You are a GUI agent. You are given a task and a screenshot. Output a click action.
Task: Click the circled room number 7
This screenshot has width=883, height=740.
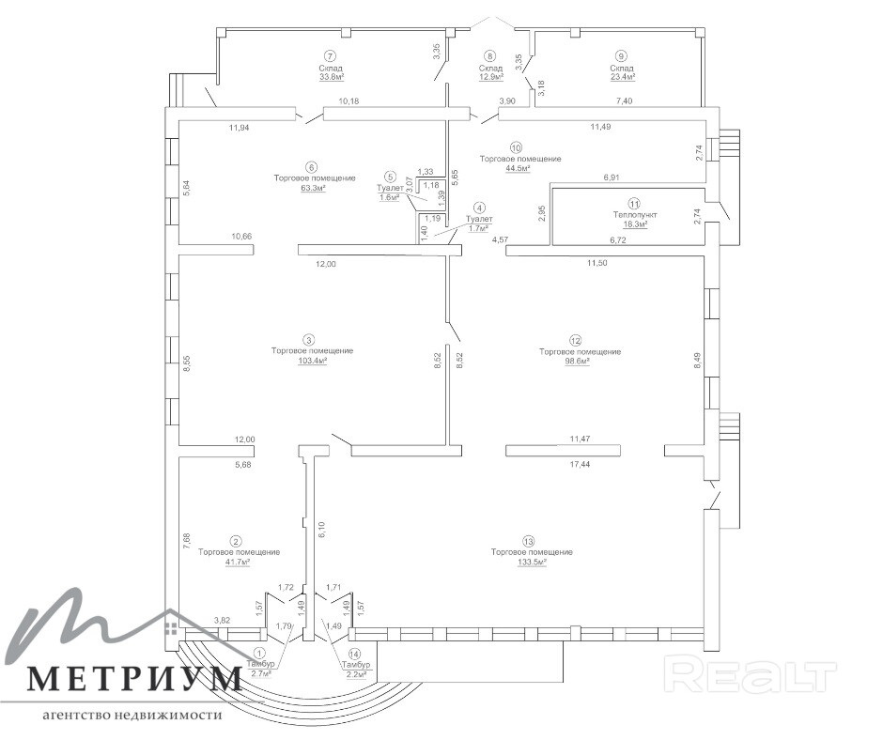330,56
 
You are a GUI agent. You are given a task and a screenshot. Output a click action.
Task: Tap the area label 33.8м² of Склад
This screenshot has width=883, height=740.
330,78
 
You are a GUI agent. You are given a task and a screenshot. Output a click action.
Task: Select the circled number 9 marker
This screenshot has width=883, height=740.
621,56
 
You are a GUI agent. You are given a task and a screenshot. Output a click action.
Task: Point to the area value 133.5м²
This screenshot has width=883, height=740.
532,563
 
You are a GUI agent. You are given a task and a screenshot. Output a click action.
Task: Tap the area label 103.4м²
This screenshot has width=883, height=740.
312,362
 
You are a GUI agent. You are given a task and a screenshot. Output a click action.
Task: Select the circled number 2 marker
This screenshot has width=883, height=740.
236,541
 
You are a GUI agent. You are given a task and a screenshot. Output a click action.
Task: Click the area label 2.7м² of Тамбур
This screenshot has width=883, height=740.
260,674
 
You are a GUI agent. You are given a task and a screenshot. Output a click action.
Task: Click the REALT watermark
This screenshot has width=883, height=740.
750,673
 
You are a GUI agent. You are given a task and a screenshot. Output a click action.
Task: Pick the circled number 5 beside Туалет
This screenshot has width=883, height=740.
389,176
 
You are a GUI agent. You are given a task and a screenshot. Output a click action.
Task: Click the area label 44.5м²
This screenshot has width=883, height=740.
516,170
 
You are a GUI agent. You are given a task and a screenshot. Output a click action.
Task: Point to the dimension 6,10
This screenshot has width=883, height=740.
321,528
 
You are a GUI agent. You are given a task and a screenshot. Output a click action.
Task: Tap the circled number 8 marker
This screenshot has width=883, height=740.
489,56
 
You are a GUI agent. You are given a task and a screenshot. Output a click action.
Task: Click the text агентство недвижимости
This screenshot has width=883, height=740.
131,714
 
